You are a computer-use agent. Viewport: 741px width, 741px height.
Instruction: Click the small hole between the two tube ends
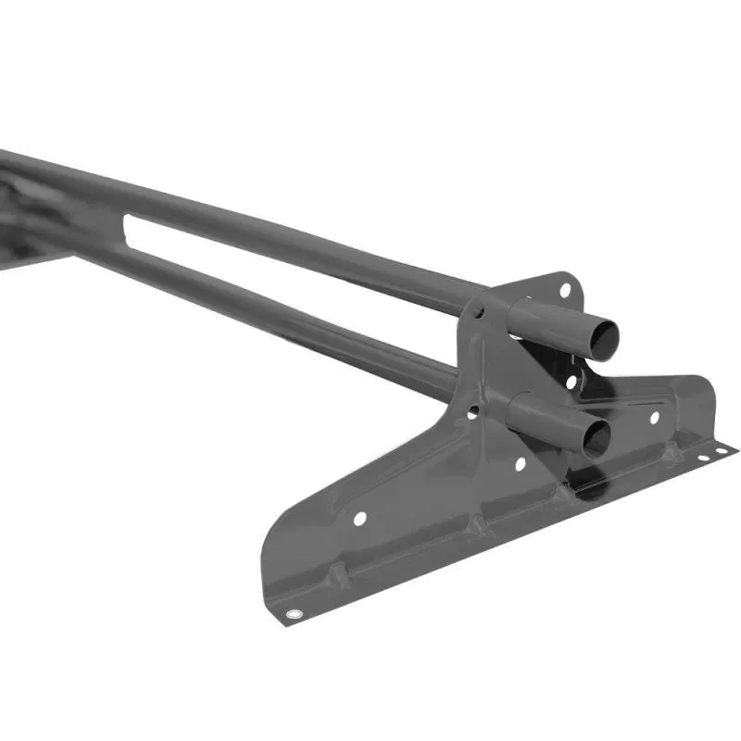click(x=571, y=381)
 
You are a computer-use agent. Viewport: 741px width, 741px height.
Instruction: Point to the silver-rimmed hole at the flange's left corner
click(x=295, y=614)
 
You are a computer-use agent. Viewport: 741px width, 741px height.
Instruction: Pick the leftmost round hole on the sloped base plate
click(x=359, y=518)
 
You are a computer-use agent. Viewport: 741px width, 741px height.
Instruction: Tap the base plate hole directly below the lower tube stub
click(x=520, y=463)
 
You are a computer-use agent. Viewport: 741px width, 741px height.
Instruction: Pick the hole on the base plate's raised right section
click(x=654, y=418)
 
